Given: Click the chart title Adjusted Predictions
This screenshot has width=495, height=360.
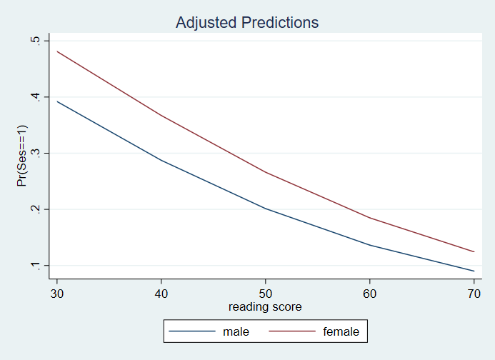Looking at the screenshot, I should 247,23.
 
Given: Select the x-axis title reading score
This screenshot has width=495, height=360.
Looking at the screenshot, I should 265,307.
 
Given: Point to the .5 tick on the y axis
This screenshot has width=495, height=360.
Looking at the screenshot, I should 34,41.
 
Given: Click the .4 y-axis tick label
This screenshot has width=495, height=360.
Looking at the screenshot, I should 34,97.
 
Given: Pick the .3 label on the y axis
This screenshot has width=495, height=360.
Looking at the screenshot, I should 34,154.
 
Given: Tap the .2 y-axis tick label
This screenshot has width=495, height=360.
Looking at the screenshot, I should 34,209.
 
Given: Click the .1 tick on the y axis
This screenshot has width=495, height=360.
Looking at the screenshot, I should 34,266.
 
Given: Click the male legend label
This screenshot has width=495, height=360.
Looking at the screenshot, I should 235,331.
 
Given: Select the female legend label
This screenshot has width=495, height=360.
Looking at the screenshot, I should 341,331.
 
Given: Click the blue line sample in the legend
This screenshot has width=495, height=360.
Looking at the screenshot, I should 191,331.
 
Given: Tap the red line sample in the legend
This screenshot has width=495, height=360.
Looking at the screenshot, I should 292,331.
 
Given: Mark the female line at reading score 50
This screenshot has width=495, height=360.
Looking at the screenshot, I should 265,171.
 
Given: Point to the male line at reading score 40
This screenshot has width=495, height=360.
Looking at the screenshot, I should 161,160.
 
